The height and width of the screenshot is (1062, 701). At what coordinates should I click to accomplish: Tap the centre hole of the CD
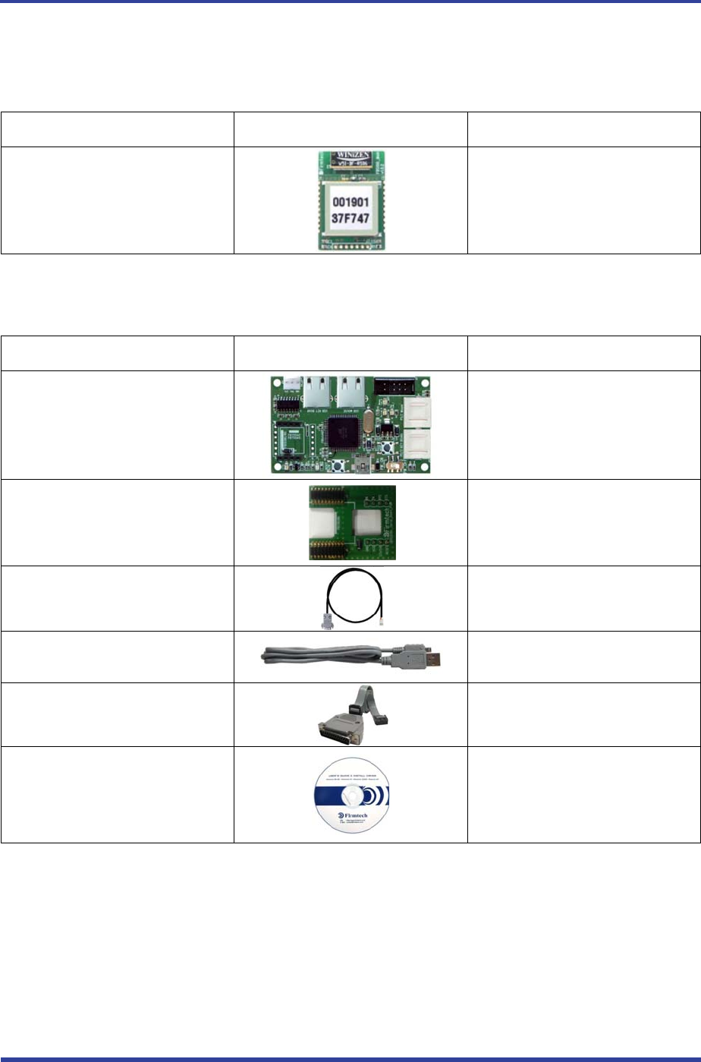tap(351, 793)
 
